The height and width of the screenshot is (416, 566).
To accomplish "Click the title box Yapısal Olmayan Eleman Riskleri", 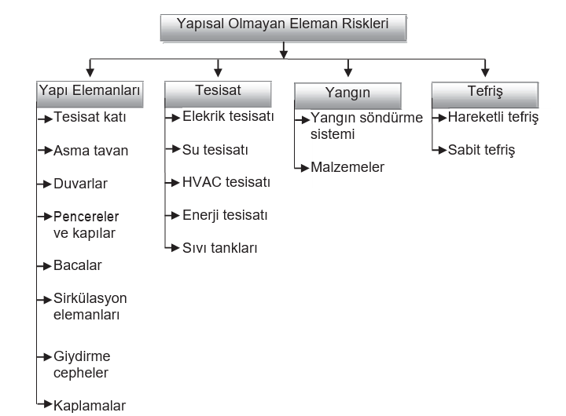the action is pyautogui.click(x=284, y=27).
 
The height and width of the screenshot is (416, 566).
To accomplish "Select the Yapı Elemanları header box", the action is pyautogui.click(x=90, y=94).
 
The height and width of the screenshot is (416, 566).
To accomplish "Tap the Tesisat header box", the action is pyautogui.click(x=218, y=94).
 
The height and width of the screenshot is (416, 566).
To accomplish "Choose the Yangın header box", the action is pyautogui.click(x=347, y=96).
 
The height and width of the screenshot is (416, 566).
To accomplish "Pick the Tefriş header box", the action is pyautogui.click(x=485, y=95).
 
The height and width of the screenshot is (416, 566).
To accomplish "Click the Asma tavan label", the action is pyautogui.click(x=90, y=151).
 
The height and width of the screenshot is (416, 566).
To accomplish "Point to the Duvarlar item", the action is pyautogui.click(x=80, y=184).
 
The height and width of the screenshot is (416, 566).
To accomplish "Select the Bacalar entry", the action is pyautogui.click(x=78, y=265).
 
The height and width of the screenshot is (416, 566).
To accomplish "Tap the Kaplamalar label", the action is pyautogui.click(x=90, y=406).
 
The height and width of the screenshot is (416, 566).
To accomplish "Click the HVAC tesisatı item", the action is pyautogui.click(x=226, y=182).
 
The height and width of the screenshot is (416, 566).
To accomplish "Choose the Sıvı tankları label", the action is pyautogui.click(x=220, y=248).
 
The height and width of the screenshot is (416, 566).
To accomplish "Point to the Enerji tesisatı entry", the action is pyautogui.click(x=225, y=215).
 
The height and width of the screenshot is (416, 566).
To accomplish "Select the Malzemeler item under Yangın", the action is pyautogui.click(x=347, y=167).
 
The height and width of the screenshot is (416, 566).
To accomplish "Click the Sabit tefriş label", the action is pyautogui.click(x=482, y=150).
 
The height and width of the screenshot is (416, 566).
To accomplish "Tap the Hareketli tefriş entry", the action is pyautogui.click(x=493, y=117).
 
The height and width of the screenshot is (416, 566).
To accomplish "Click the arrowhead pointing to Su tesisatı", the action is pyautogui.click(x=176, y=149).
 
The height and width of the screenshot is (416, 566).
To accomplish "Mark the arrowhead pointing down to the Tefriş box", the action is pyautogui.click(x=485, y=72).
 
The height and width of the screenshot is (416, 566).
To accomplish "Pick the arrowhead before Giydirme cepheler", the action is pyautogui.click(x=47, y=357).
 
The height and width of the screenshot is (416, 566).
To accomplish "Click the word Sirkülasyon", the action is pyautogui.click(x=90, y=298).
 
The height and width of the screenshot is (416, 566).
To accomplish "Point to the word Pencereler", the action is pyautogui.click(x=86, y=217).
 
